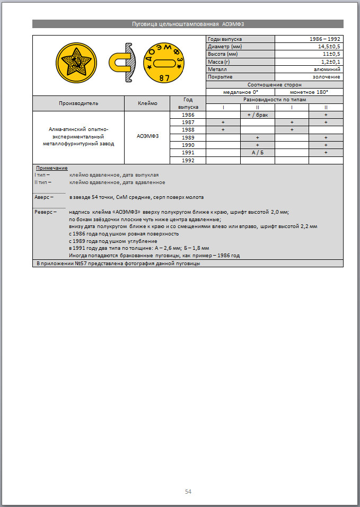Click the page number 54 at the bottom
click(x=188, y=491)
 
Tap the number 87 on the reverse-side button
click(x=164, y=78)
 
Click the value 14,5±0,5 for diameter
click(x=329, y=47)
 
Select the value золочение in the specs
click(x=328, y=77)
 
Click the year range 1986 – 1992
click(x=325, y=39)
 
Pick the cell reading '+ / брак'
click(x=257, y=115)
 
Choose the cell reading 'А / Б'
click(x=257, y=152)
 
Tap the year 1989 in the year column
click(x=188, y=137)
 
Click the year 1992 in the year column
click(x=188, y=160)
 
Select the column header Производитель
click(x=78, y=103)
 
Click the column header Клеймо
click(x=147, y=103)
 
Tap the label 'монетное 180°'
click(x=309, y=92)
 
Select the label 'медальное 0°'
click(x=240, y=92)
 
